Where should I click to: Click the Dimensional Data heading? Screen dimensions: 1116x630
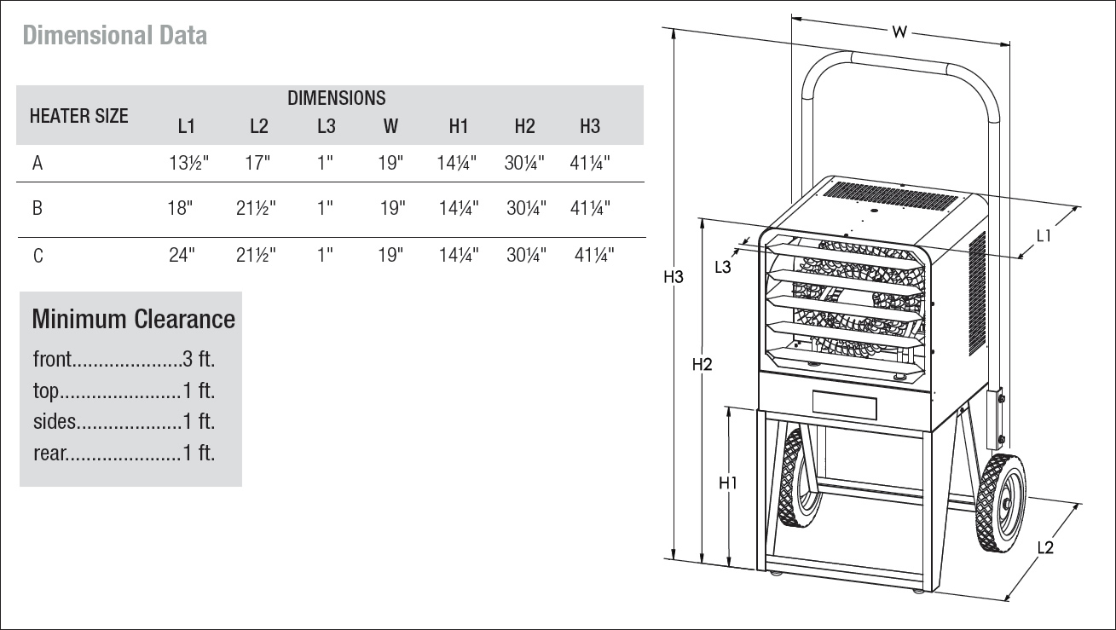coord(114,35)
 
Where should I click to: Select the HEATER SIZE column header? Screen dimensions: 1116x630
coord(78,116)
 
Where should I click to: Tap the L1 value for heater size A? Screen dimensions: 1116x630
coord(188,163)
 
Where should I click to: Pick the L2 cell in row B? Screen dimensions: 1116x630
coord(256,208)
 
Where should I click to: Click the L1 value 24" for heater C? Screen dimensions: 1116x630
coord(182,255)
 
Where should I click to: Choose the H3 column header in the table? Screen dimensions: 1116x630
coord(590,126)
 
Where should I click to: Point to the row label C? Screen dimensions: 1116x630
coord(38,256)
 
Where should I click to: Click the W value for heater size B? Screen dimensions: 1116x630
coord(392,208)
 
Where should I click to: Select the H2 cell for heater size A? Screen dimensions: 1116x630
coord(524,163)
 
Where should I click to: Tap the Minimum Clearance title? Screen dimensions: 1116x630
coord(134,319)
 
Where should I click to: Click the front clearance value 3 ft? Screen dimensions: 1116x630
coord(199,359)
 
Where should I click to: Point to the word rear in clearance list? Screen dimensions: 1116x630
coord(49,454)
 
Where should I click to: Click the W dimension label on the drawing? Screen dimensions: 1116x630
coord(899,32)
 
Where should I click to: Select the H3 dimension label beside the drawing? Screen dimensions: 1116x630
coord(673,277)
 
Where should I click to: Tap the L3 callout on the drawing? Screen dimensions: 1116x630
coord(722,268)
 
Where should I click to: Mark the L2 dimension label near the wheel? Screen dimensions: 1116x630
coord(1045,548)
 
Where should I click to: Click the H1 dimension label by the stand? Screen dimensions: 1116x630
coord(728,483)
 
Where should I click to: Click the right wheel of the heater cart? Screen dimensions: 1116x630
coord(1001,502)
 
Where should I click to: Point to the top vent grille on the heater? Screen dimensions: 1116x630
coord(890,195)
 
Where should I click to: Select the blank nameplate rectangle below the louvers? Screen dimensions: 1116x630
coord(844,404)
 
